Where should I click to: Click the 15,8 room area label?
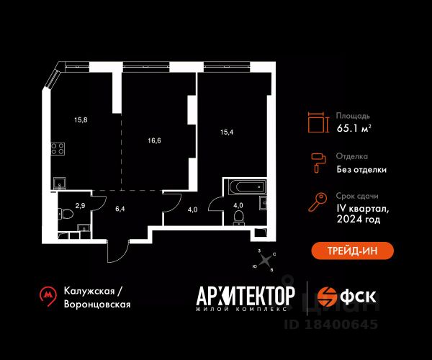(x=81, y=120)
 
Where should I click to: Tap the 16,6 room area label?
(x=154, y=140)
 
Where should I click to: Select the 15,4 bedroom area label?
(x=227, y=132)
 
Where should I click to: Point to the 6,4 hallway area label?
(x=120, y=209)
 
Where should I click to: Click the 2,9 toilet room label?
(x=80, y=205)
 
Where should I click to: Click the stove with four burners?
(x=58, y=149)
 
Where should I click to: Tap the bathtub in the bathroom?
(x=247, y=187)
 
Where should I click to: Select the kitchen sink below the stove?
(x=60, y=183)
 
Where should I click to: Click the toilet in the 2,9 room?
(x=66, y=214)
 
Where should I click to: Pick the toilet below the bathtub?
(x=238, y=217)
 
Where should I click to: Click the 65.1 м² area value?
(x=354, y=128)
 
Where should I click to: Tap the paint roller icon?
(x=319, y=163)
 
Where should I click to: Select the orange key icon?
(x=318, y=202)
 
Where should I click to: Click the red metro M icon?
(x=48, y=296)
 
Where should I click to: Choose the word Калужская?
(x=89, y=291)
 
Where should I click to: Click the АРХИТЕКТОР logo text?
(x=246, y=296)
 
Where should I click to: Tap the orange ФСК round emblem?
(x=327, y=297)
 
